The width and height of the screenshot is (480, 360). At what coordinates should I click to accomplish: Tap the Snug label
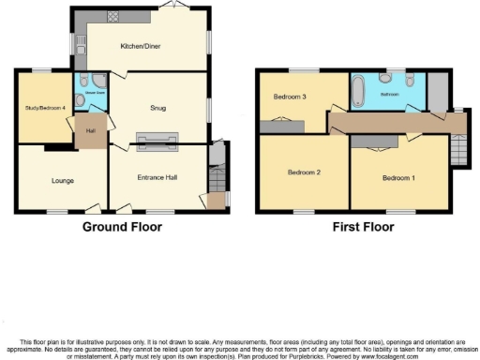point(157,108)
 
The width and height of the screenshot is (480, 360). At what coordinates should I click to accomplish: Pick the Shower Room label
point(95,94)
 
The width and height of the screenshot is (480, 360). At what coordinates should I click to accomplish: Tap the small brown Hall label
point(92,131)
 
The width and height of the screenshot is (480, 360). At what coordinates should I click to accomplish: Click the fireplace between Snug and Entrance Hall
point(157,141)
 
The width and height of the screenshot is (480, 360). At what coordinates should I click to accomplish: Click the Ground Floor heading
point(122,227)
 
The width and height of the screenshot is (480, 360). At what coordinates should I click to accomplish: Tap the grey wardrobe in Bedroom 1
point(434,95)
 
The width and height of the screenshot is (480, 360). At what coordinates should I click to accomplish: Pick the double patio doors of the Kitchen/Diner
point(171,7)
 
